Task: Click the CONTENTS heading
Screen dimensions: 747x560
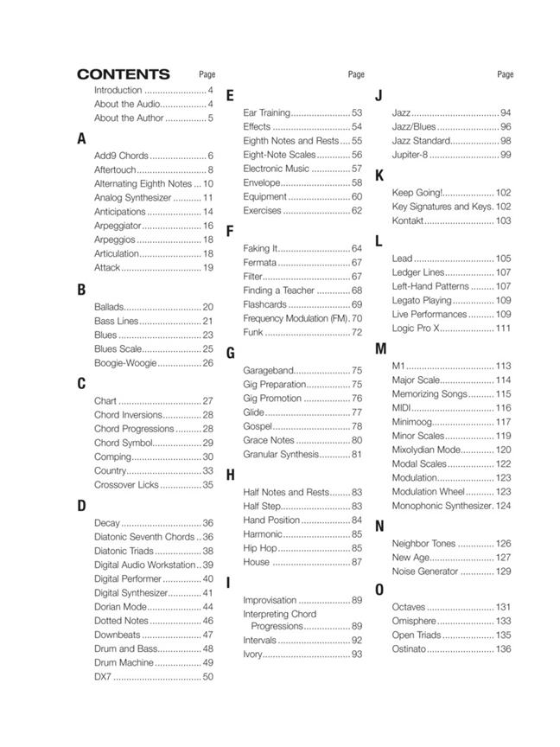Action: pos(123,74)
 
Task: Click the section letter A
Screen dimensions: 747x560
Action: pos(81,138)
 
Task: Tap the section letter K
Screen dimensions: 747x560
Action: pos(379,176)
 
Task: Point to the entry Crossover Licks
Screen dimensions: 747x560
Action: pos(126,485)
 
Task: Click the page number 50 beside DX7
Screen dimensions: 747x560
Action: pos(207,677)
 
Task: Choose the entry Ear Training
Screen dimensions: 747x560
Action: pos(266,112)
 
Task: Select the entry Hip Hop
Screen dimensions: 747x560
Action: pos(260,548)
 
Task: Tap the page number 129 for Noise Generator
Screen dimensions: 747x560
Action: pos(503,571)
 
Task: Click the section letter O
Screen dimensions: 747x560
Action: pos(379,590)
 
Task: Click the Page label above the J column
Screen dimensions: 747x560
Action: pos(506,75)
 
